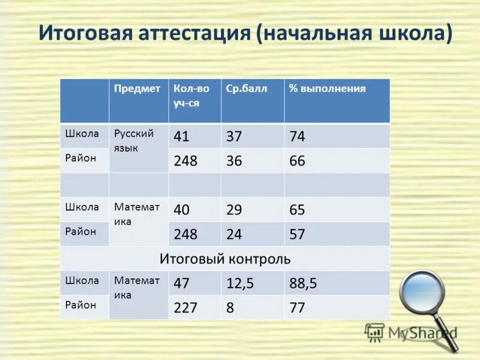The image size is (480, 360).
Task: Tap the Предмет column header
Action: coord(137,89)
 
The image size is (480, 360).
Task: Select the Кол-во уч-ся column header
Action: coord(191,95)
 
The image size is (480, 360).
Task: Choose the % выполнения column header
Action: coord(327,89)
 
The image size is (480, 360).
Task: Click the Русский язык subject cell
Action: coord(134,140)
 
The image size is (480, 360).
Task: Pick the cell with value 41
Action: coord(181,137)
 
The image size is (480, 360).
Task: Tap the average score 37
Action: coord(234,137)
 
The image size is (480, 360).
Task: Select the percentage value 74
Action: coord(297,137)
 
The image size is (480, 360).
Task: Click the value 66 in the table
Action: coord(297,161)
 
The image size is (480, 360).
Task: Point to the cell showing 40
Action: coord(181,210)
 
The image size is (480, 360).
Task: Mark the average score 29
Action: coord(234,210)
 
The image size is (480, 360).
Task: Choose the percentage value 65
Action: coord(297,210)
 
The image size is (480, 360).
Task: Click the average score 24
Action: coord(234,234)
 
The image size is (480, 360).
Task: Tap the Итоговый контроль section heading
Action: coord(225,259)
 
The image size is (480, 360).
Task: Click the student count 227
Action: coord(185,308)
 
